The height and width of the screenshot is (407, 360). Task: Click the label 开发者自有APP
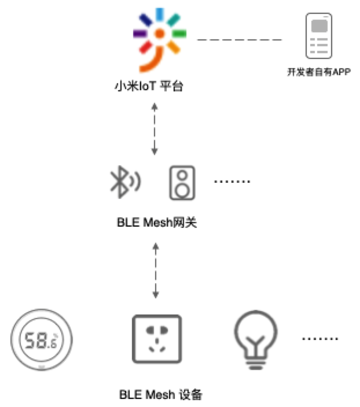(x=319, y=73)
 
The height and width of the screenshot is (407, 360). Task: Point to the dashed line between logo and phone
(x=239, y=40)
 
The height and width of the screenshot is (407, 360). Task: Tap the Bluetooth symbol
(x=123, y=182)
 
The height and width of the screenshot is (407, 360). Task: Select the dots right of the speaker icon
(x=232, y=182)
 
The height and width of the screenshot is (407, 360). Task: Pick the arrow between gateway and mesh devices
(x=155, y=270)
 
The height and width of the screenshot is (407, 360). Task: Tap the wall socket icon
(x=156, y=339)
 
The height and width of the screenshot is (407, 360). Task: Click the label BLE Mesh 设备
(x=161, y=395)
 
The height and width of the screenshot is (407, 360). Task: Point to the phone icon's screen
(x=319, y=26)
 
